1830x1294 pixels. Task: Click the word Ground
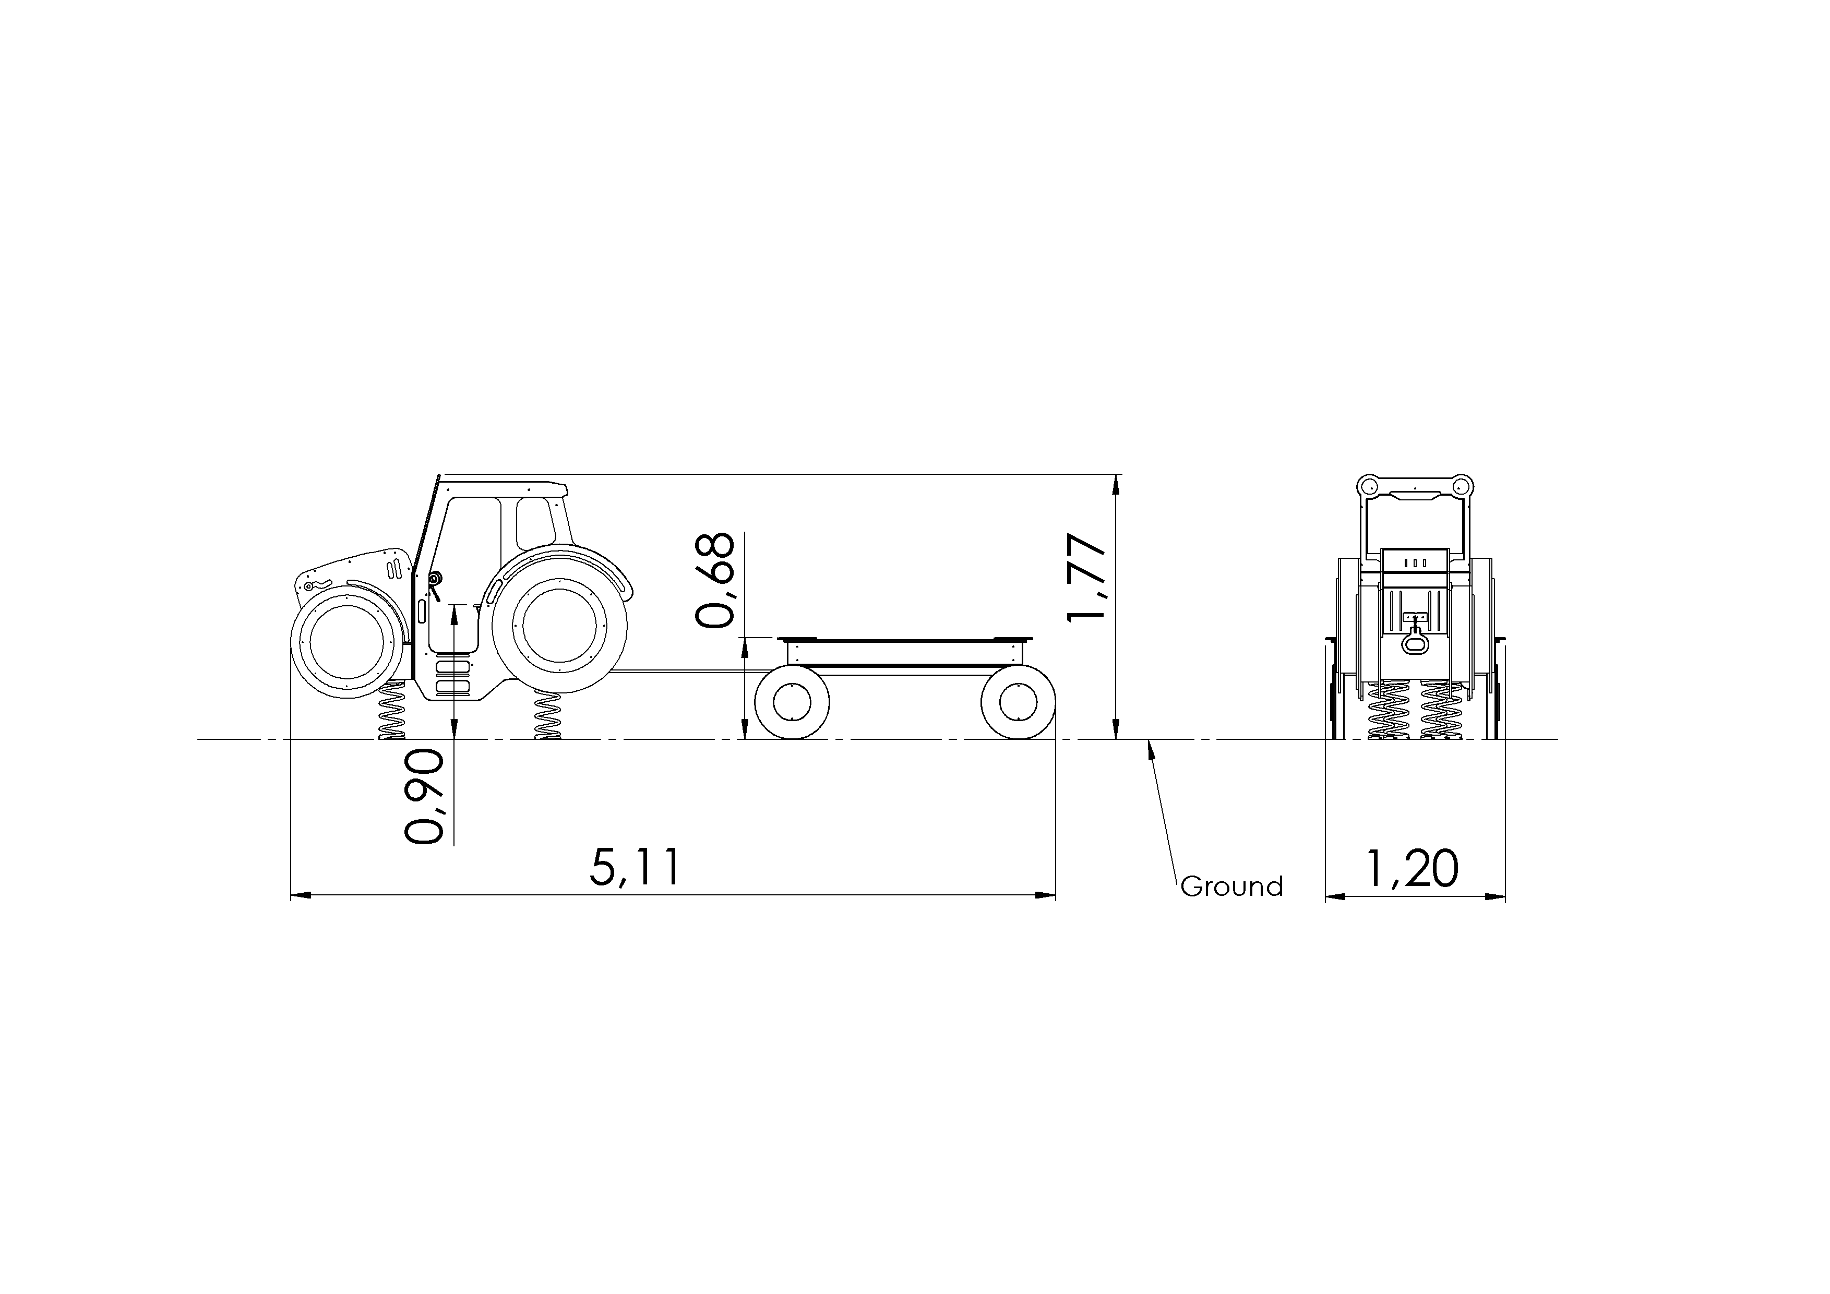tap(1232, 887)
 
